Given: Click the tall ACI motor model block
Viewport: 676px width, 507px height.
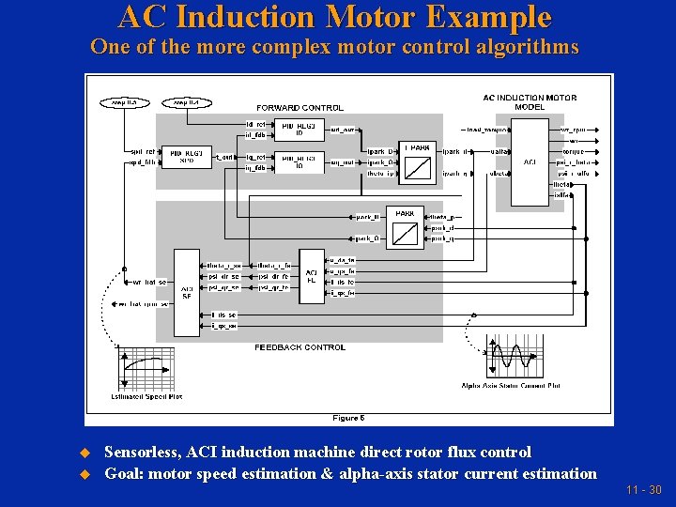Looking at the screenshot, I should click(x=530, y=161).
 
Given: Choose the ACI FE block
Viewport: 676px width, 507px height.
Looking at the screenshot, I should click(x=311, y=274).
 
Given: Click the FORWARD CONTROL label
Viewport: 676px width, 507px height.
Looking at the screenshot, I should click(x=300, y=107).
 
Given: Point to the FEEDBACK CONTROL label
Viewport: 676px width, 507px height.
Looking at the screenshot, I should click(x=300, y=347).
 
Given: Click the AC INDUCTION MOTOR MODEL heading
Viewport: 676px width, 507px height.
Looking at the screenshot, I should click(x=530, y=101).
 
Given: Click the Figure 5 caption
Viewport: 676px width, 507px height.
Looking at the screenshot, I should click(x=348, y=418).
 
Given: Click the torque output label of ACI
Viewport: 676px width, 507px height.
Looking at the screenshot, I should click(x=573, y=151).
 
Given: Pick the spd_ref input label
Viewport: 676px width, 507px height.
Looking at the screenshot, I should click(x=143, y=151).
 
